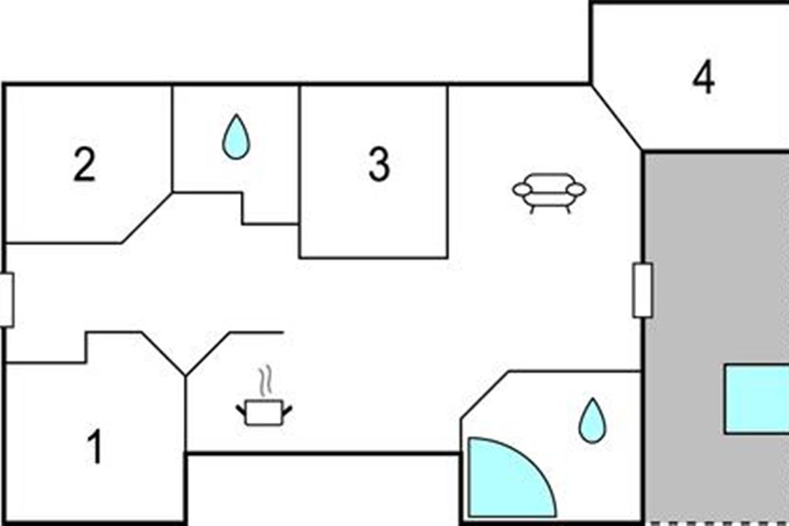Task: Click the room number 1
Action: (95, 446)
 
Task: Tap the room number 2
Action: (85, 164)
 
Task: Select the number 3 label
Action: (379, 164)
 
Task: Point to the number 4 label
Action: (704, 77)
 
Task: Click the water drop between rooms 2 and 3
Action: (236, 137)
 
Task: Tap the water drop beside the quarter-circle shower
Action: (592, 421)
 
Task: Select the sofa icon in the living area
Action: (549, 193)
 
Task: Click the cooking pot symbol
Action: (264, 412)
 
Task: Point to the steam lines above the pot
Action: (266, 381)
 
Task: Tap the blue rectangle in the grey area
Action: (757, 399)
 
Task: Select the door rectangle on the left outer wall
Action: (7, 300)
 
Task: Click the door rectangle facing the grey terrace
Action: (642, 291)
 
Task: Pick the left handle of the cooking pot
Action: (241, 410)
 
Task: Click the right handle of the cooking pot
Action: (287, 410)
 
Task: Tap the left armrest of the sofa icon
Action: (522, 189)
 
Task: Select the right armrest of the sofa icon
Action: (576, 189)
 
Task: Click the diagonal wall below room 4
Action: (617, 118)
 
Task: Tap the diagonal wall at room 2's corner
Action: (147, 218)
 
